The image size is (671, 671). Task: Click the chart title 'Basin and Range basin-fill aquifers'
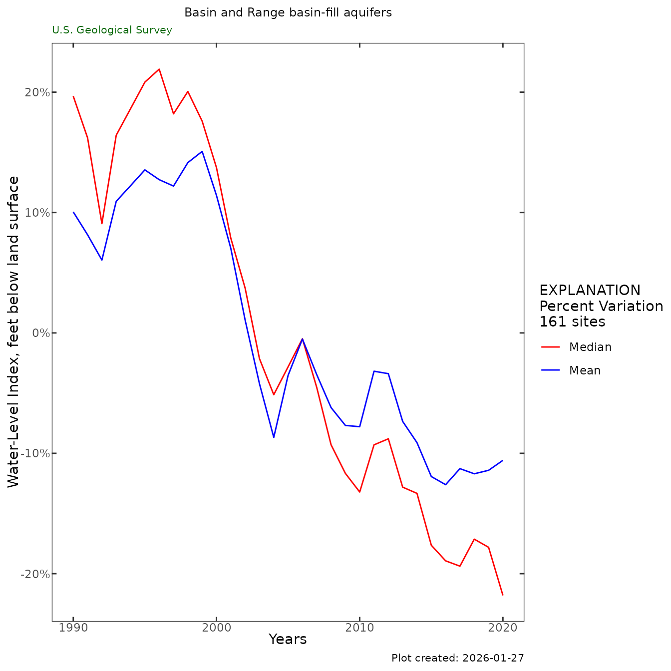click(288, 13)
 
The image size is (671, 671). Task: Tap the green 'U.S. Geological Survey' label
click(112, 30)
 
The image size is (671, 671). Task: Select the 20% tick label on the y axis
click(36, 92)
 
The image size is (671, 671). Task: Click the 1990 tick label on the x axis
click(73, 628)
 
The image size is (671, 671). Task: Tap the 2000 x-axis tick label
click(216, 628)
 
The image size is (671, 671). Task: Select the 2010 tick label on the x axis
click(359, 628)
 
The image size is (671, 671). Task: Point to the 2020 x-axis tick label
click(503, 628)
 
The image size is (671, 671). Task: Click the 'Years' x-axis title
click(288, 640)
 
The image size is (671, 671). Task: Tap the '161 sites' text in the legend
click(572, 322)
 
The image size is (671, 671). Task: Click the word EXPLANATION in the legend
click(590, 291)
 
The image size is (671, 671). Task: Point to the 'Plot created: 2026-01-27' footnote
click(457, 658)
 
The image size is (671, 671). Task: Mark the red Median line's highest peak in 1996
click(159, 69)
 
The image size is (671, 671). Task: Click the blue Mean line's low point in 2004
click(274, 437)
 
